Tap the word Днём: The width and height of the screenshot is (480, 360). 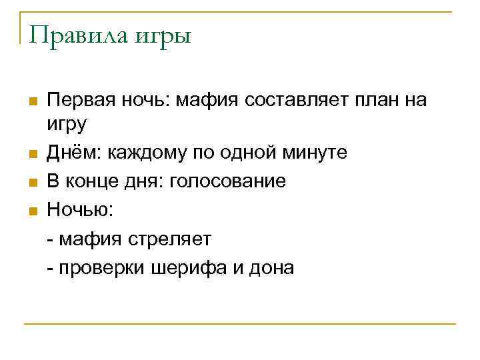click(69, 152)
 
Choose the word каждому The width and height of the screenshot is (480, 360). click(137, 153)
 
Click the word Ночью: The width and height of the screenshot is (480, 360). click(80, 211)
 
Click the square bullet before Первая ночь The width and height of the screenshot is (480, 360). click(33, 101)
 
